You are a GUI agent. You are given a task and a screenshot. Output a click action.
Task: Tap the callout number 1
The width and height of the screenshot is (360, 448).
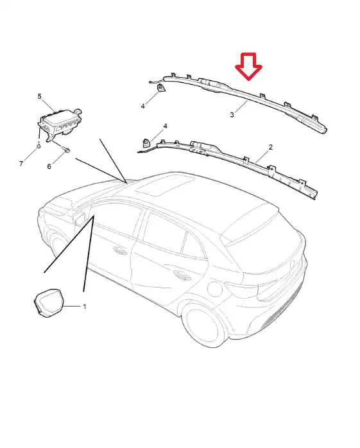pyautogui.click(x=85, y=306)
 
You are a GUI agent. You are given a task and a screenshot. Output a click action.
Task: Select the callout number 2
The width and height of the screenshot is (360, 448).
pyautogui.click(x=271, y=147)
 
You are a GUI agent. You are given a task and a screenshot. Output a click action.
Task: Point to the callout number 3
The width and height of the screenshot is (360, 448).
pyautogui.click(x=232, y=115)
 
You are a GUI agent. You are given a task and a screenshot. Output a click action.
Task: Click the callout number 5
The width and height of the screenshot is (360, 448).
pyautogui.click(x=39, y=96)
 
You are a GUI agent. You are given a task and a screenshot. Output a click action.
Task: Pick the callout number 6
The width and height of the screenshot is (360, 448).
pyautogui.click(x=49, y=166)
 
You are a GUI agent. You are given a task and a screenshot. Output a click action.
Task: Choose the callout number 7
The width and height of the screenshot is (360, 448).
pyautogui.click(x=21, y=164)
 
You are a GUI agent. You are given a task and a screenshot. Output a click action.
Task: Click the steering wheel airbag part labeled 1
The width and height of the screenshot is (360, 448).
pyautogui.click(x=48, y=304)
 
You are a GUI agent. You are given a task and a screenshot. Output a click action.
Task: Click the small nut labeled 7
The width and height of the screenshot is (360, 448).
pyautogui.click(x=39, y=146)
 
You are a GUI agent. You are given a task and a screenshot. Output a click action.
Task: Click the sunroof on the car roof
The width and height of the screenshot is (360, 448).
pyautogui.click(x=166, y=185)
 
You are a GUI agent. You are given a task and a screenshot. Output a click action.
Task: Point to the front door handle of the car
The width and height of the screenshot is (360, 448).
pyautogui.click(x=120, y=250)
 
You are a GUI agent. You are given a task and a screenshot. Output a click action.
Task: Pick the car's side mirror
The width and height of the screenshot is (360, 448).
pyautogui.click(x=80, y=217)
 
